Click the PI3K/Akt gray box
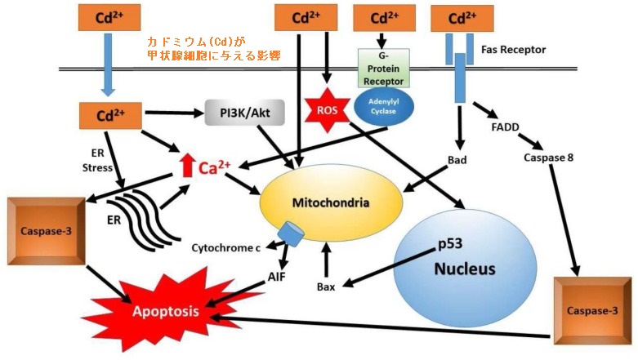click(245, 112)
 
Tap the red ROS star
click(327, 110)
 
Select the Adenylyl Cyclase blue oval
click(384, 107)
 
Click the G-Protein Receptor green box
click(383, 69)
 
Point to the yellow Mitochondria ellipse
click(331, 202)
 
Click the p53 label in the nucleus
click(449, 243)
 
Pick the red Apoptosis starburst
click(166, 312)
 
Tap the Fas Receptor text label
click(513, 50)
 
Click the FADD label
click(505, 127)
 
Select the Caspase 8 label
click(548, 158)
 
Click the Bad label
click(457, 160)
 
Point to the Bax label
click(326, 287)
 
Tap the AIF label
click(277, 277)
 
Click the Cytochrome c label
click(226, 247)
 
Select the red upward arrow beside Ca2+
click(187, 165)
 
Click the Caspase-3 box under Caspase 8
click(592, 311)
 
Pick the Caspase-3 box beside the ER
click(47, 231)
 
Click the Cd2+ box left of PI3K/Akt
click(110, 116)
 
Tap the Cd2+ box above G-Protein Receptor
click(384, 18)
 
